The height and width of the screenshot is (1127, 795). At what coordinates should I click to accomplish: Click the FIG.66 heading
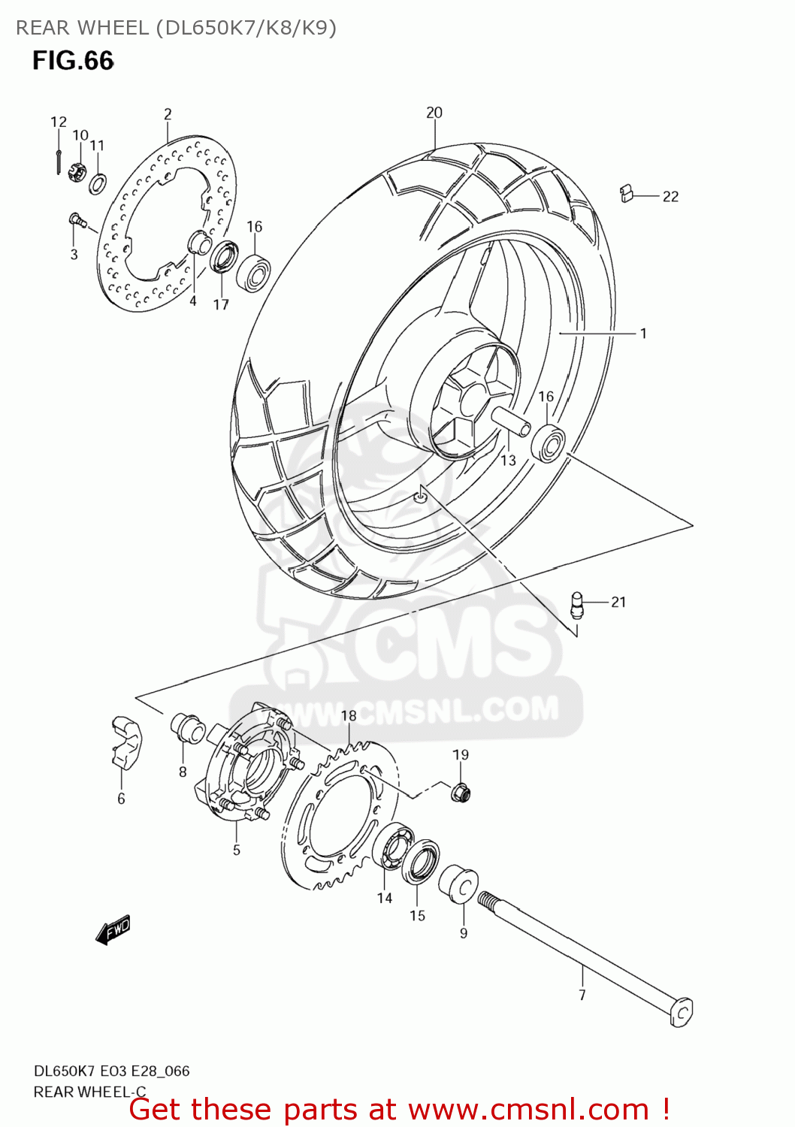pos(73,61)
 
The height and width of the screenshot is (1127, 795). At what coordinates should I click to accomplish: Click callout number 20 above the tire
pos(434,113)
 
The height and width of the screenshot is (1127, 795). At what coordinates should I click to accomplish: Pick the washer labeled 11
pos(97,183)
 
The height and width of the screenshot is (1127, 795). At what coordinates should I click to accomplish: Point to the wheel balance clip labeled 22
pos(627,194)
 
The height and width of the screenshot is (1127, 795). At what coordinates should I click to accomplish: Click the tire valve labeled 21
pos(576,605)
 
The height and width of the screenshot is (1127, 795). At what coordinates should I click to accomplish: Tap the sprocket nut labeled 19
pos(461,790)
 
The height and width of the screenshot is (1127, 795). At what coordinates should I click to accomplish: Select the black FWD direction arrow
pos(113,929)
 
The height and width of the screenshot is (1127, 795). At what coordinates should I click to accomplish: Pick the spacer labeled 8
pos(188,727)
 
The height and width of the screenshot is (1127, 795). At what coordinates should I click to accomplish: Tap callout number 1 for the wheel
pos(643,333)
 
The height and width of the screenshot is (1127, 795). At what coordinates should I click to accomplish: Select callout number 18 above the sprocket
pos(349,715)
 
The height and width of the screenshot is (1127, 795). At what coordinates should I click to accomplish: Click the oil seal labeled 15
pos(421,863)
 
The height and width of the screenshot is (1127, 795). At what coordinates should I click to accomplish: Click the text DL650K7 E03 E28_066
pos(112,1071)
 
